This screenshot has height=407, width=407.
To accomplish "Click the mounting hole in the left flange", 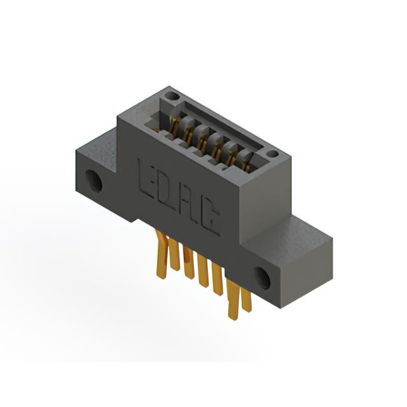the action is point(93,181).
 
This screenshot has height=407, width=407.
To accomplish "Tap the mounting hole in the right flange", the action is point(262,279).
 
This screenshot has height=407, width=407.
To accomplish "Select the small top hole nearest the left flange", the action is point(172,96).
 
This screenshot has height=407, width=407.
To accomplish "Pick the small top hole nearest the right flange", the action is point(272,154).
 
